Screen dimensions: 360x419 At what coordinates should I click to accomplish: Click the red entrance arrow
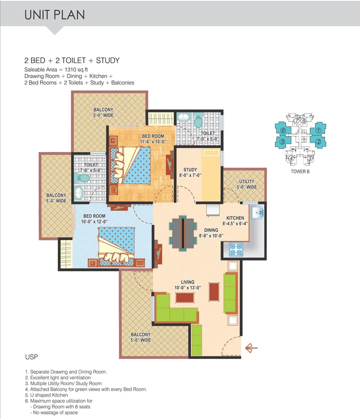[x=251, y=348]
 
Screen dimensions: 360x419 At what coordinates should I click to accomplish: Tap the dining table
[x=183, y=233]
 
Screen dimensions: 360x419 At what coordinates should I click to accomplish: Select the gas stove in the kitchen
[x=236, y=250]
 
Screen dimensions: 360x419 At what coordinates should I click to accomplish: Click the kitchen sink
[x=257, y=213]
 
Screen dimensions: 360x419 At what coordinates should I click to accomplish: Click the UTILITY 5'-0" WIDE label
[x=247, y=185]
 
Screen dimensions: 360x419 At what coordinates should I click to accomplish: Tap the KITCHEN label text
[x=235, y=218]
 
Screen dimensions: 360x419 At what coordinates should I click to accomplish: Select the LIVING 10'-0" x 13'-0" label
[x=188, y=285]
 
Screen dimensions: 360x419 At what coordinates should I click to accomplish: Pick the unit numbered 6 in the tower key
[x=283, y=131]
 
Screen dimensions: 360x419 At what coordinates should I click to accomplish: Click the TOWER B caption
[x=300, y=171]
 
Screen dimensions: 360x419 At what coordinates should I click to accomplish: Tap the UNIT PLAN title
[x=54, y=15]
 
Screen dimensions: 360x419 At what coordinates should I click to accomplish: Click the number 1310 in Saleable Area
[x=71, y=70]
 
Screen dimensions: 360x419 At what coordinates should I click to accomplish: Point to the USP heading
[x=31, y=357]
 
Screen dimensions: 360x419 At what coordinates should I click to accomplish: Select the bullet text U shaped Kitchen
[x=49, y=395]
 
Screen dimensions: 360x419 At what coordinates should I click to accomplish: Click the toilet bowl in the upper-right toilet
[x=198, y=121]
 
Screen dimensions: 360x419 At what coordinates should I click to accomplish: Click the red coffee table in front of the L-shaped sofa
[x=185, y=297]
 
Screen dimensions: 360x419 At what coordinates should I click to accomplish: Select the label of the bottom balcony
[x=140, y=337]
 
